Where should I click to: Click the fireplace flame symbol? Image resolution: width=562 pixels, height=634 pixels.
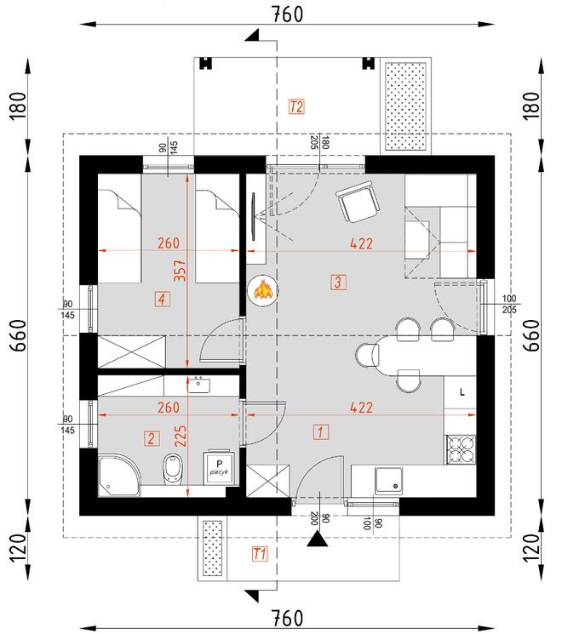point(263,291)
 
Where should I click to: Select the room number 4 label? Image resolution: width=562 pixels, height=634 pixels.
point(161,298)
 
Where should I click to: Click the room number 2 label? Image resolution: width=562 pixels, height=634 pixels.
point(151,439)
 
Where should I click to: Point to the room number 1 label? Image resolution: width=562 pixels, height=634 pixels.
point(319,431)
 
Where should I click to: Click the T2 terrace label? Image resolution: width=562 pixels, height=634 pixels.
point(296,107)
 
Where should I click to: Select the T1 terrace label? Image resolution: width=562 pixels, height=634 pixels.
point(261,554)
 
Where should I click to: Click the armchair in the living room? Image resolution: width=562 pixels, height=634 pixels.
point(357,204)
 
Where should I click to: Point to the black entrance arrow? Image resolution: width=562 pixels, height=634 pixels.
point(318,538)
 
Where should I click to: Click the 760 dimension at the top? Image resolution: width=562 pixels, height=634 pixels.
point(284,14)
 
